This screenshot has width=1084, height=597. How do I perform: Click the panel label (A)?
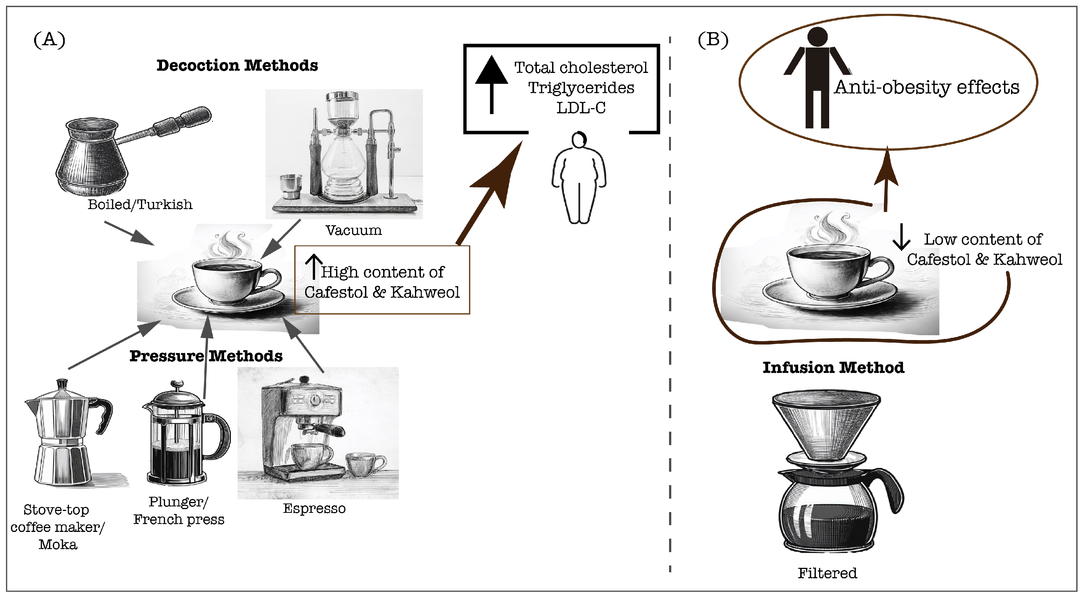click(49, 40)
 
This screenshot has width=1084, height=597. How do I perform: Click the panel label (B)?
click(713, 40)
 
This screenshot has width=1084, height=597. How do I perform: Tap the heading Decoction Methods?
click(237, 65)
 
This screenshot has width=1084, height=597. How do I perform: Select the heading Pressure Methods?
click(206, 356)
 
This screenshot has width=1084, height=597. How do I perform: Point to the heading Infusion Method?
click(833, 368)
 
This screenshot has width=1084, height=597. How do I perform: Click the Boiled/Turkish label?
click(140, 205)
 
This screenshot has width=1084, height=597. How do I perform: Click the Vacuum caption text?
click(354, 230)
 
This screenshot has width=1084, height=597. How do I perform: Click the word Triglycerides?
click(581, 88)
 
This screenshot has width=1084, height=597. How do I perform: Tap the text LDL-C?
click(581, 108)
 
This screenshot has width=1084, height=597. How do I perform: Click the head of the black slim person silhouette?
click(817, 37)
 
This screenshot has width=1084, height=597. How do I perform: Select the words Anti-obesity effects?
click(926, 87)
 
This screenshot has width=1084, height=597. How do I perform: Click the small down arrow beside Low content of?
click(901, 237)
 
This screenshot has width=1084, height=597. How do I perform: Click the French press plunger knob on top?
click(177, 384)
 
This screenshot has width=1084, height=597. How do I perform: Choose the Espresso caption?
click(314, 508)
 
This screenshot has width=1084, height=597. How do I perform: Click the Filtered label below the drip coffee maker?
click(827, 573)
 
